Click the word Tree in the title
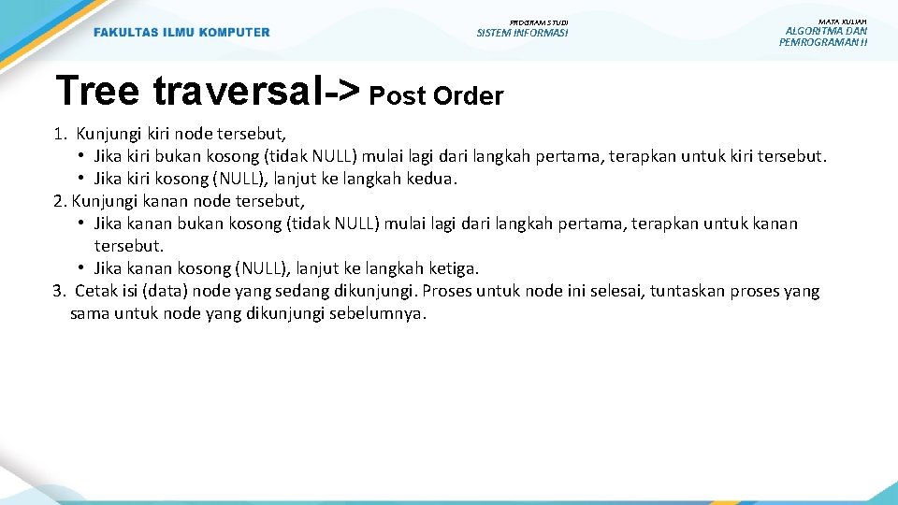97,91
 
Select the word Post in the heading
397,95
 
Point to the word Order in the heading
467,95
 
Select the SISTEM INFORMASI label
522,33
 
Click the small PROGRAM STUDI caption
539,22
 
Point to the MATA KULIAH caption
843,21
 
